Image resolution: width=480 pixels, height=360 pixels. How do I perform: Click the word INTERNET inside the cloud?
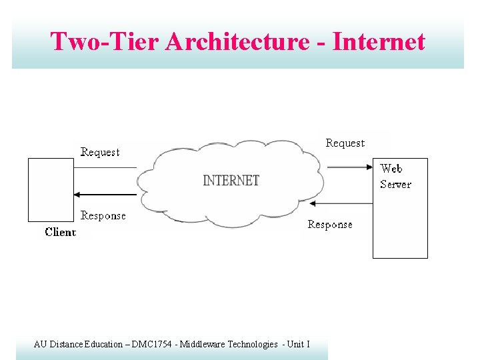click(231, 181)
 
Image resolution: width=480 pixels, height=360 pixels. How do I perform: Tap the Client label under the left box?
click(60, 232)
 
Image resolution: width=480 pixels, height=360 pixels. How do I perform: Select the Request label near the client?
click(100, 153)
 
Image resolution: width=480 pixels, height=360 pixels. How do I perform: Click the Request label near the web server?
click(345, 143)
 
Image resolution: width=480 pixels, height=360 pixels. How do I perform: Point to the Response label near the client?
click(103, 216)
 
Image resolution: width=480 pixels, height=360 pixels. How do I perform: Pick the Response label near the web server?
click(330, 225)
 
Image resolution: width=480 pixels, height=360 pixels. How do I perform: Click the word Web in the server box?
click(391, 169)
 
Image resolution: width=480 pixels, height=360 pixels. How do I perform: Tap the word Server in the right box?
click(395, 185)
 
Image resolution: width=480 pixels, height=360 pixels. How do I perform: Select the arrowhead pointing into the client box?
click(77, 195)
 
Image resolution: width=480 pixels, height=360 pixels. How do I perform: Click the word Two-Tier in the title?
click(104, 41)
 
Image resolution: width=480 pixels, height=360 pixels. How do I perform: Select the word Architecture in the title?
click(237, 41)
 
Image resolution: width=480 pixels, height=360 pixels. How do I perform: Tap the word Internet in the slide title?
click(378, 41)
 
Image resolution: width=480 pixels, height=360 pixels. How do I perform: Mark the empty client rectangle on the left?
click(51, 189)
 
